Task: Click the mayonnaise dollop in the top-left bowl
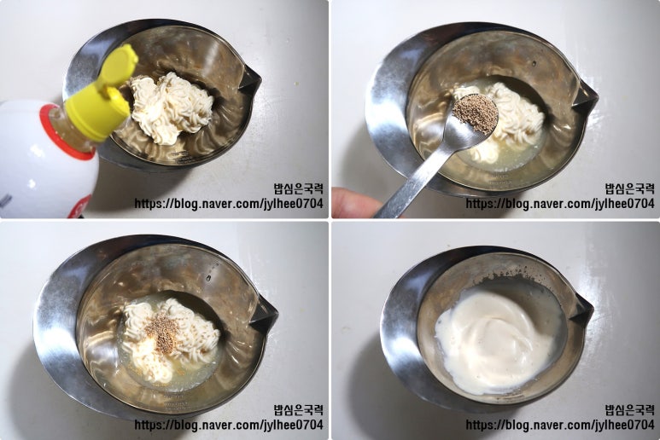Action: point(171,107)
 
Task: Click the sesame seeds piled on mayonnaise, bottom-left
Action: point(163,333)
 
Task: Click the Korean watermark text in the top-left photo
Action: point(299,188)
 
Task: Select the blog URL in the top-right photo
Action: point(560,204)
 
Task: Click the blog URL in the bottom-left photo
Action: point(229,425)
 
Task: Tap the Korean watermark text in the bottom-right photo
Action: point(630,410)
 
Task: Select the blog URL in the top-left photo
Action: point(229,204)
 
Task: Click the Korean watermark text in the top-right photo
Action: point(630,188)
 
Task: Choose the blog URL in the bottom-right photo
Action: point(560,425)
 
